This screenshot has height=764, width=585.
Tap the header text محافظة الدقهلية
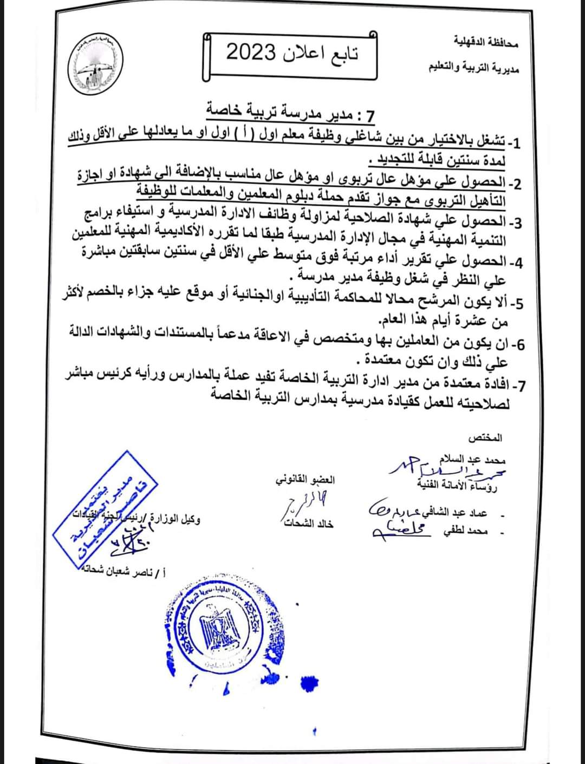pyautogui.click(x=486, y=41)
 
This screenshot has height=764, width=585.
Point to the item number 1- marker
pyautogui.click(x=514, y=143)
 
